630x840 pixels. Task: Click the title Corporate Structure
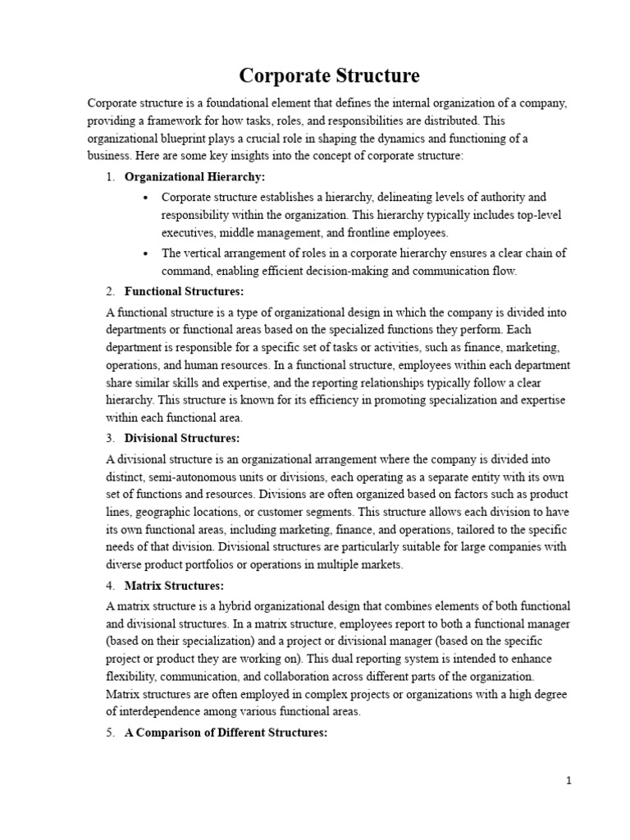(329, 76)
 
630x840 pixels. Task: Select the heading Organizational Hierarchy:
(194, 177)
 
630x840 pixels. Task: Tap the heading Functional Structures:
(184, 291)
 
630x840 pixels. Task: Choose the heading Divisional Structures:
(182, 438)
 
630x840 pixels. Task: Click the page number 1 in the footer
(568, 781)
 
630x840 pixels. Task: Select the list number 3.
(110, 438)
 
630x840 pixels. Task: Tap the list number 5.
(110, 732)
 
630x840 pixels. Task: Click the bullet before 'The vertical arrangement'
(145, 253)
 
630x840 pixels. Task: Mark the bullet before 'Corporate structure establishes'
(145, 198)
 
